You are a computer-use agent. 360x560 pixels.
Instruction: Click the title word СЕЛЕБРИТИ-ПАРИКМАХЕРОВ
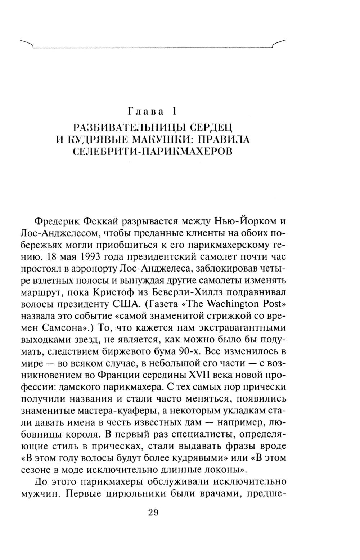(153, 151)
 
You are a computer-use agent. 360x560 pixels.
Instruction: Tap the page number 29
(153, 513)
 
